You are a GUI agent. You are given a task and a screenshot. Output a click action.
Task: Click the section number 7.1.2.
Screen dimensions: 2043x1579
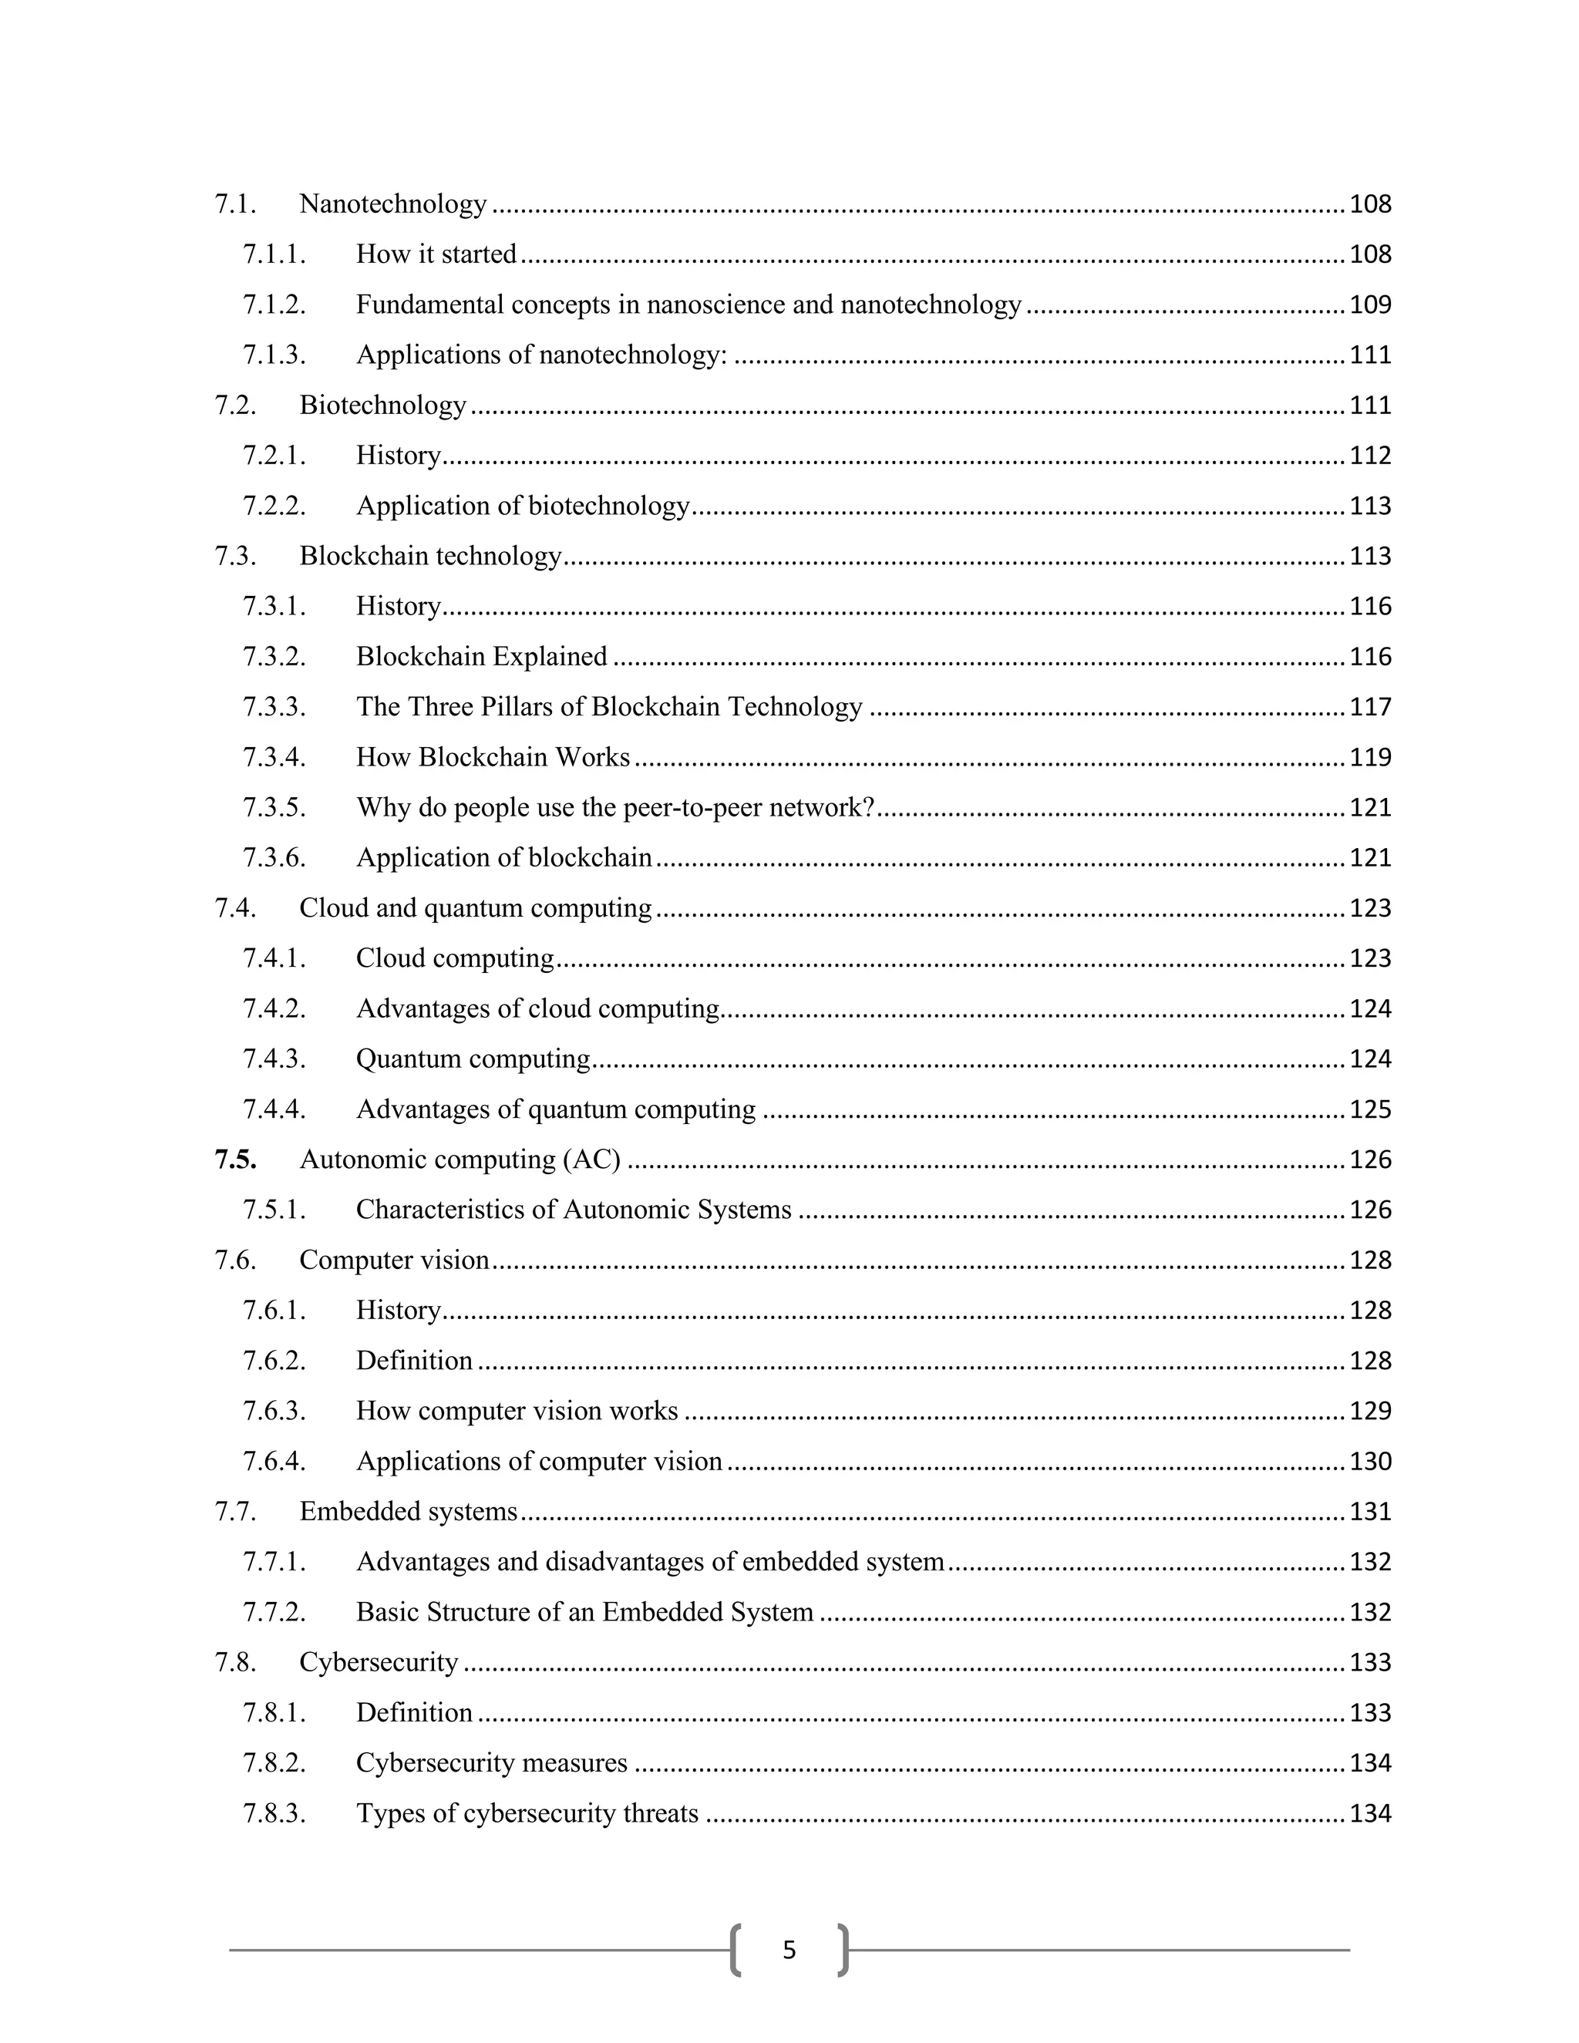[x=274, y=305]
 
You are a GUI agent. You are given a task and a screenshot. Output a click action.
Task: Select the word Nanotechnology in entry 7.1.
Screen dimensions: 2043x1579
[x=393, y=204]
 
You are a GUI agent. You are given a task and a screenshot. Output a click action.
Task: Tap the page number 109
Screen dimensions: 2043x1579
[x=1369, y=305]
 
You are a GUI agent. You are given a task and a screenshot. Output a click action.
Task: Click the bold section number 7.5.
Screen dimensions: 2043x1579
[x=235, y=1160]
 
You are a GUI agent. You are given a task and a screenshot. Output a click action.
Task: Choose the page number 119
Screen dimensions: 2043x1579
[x=1369, y=758]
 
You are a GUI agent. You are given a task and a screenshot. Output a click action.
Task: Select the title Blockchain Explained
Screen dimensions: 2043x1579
[x=482, y=657]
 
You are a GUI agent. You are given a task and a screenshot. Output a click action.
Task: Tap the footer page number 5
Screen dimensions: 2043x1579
[x=789, y=1950]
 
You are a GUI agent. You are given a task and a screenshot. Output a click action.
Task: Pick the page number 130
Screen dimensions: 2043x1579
[x=1369, y=1462]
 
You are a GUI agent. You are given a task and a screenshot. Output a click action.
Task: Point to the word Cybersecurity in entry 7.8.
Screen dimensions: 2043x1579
[x=379, y=1663]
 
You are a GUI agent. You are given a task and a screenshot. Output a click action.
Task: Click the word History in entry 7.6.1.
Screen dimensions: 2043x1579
[x=399, y=1311]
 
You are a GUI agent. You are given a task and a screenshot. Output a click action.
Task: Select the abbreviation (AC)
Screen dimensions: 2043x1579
[x=591, y=1160]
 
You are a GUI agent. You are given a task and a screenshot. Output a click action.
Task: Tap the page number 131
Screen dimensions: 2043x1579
[x=1369, y=1513]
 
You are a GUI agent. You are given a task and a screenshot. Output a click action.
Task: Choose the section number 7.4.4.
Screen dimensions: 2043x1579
[x=274, y=1109]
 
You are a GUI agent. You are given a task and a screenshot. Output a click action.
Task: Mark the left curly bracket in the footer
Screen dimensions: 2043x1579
[x=736, y=1950]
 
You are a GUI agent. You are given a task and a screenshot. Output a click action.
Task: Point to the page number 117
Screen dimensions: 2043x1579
[x=1369, y=707]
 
